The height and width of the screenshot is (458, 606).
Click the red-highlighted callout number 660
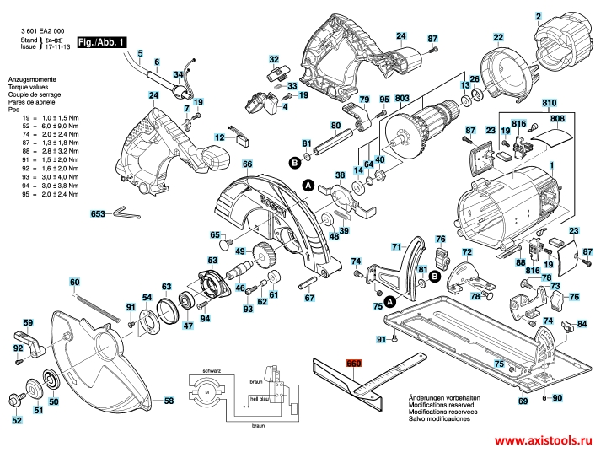point(353,364)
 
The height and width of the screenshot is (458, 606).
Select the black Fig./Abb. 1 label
point(101,41)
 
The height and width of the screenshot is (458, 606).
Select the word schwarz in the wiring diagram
point(211,371)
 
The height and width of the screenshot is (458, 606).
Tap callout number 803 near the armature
point(400,99)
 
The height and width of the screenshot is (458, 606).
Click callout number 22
point(498,37)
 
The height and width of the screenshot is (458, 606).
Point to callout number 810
point(550,103)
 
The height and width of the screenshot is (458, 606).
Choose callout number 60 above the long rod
point(74,282)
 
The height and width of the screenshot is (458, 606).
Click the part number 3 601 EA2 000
point(42,31)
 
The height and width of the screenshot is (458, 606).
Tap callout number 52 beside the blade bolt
point(17,419)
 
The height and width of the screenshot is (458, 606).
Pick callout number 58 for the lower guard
point(169,401)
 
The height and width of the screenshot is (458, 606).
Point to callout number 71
point(397,247)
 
